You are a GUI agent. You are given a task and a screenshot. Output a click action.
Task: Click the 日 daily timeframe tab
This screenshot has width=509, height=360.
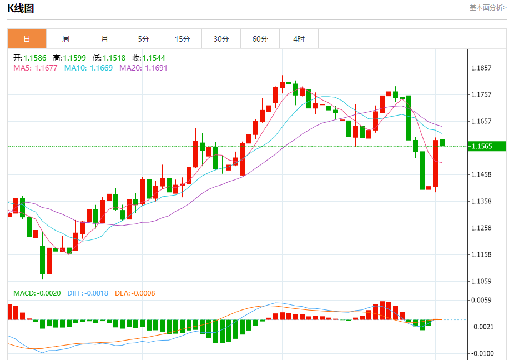(x=27, y=39)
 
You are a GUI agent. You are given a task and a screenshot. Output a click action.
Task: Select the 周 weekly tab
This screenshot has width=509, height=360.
(x=65, y=39)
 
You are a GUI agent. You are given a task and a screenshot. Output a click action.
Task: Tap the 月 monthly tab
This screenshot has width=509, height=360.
(x=104, y=39)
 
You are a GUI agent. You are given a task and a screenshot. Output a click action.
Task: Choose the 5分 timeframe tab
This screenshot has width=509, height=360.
(x=144, y=39)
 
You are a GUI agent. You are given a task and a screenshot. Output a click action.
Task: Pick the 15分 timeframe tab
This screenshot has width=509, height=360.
(x=182, y=39)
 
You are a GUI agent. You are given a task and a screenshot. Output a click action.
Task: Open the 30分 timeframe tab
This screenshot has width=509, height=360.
(x=221, y=39)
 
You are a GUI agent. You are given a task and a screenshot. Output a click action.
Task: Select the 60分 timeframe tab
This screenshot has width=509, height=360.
(x=260, y=39)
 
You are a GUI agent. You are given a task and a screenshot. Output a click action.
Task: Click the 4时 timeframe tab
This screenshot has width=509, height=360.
(x=299, y=39)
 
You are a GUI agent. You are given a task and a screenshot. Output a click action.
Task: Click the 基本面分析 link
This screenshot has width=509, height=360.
(x=487, y=8)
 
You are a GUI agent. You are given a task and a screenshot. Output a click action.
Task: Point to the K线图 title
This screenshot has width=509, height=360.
(x=21, y=8)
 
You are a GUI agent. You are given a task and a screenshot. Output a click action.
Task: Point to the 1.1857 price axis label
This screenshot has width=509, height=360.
(x=481, y=68)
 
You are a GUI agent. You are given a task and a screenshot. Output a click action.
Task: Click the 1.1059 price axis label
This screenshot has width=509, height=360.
(x=481, y=281)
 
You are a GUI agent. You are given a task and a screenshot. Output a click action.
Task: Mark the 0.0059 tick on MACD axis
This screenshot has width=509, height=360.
(x=481, y=301)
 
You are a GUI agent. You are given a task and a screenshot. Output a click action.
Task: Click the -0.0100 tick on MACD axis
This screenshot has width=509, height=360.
(x=481, y=353)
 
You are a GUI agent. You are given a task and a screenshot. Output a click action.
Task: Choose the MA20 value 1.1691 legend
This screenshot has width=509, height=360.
(x=143, y=68)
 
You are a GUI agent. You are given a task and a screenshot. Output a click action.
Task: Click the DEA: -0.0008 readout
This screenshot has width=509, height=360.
(x=135, y=293)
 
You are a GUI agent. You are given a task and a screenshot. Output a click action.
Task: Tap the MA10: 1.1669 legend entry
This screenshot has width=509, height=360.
(x=88, y=68)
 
